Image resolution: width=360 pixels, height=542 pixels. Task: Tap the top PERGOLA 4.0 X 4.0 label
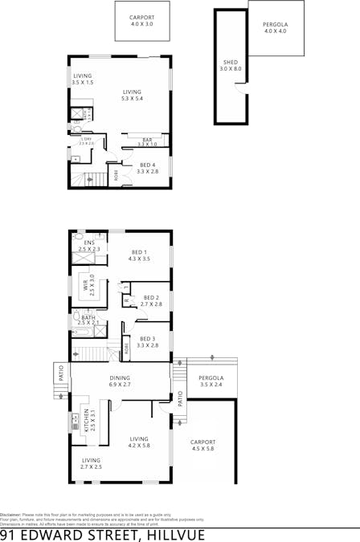(275, 28)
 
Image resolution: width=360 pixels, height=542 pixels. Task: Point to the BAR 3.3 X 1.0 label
(148, 142)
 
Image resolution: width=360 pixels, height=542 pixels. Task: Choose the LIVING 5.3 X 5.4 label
(132, 96)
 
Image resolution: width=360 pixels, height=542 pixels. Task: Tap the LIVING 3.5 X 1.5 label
(83, 79)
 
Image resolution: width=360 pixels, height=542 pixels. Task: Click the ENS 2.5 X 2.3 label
(89, 246)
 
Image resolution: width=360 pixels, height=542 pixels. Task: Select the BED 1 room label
(140, 256)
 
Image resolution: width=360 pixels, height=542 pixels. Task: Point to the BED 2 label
(152, 301)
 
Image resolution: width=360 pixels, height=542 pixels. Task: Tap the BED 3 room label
(148, 341)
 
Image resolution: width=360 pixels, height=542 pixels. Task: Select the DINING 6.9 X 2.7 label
(120, 381)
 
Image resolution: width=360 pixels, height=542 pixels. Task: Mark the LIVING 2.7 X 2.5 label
(91, 463)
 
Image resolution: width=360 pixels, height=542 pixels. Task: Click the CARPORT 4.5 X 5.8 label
(202, 445)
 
